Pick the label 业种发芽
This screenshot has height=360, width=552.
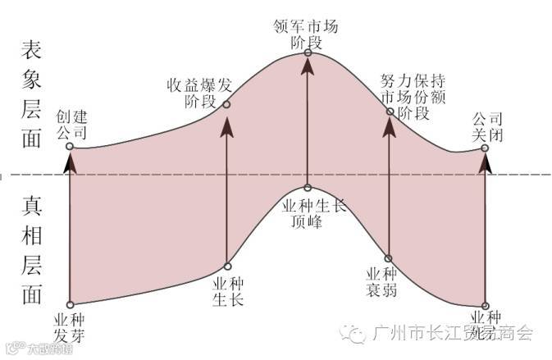[69, 326]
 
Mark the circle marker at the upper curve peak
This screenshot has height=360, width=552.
[308, 52]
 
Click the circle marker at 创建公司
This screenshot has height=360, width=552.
[70, 147]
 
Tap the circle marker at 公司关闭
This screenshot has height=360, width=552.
[485, 148]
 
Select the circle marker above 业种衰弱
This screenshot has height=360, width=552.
[389, 258]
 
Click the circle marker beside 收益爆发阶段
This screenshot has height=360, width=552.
[226, 104]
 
